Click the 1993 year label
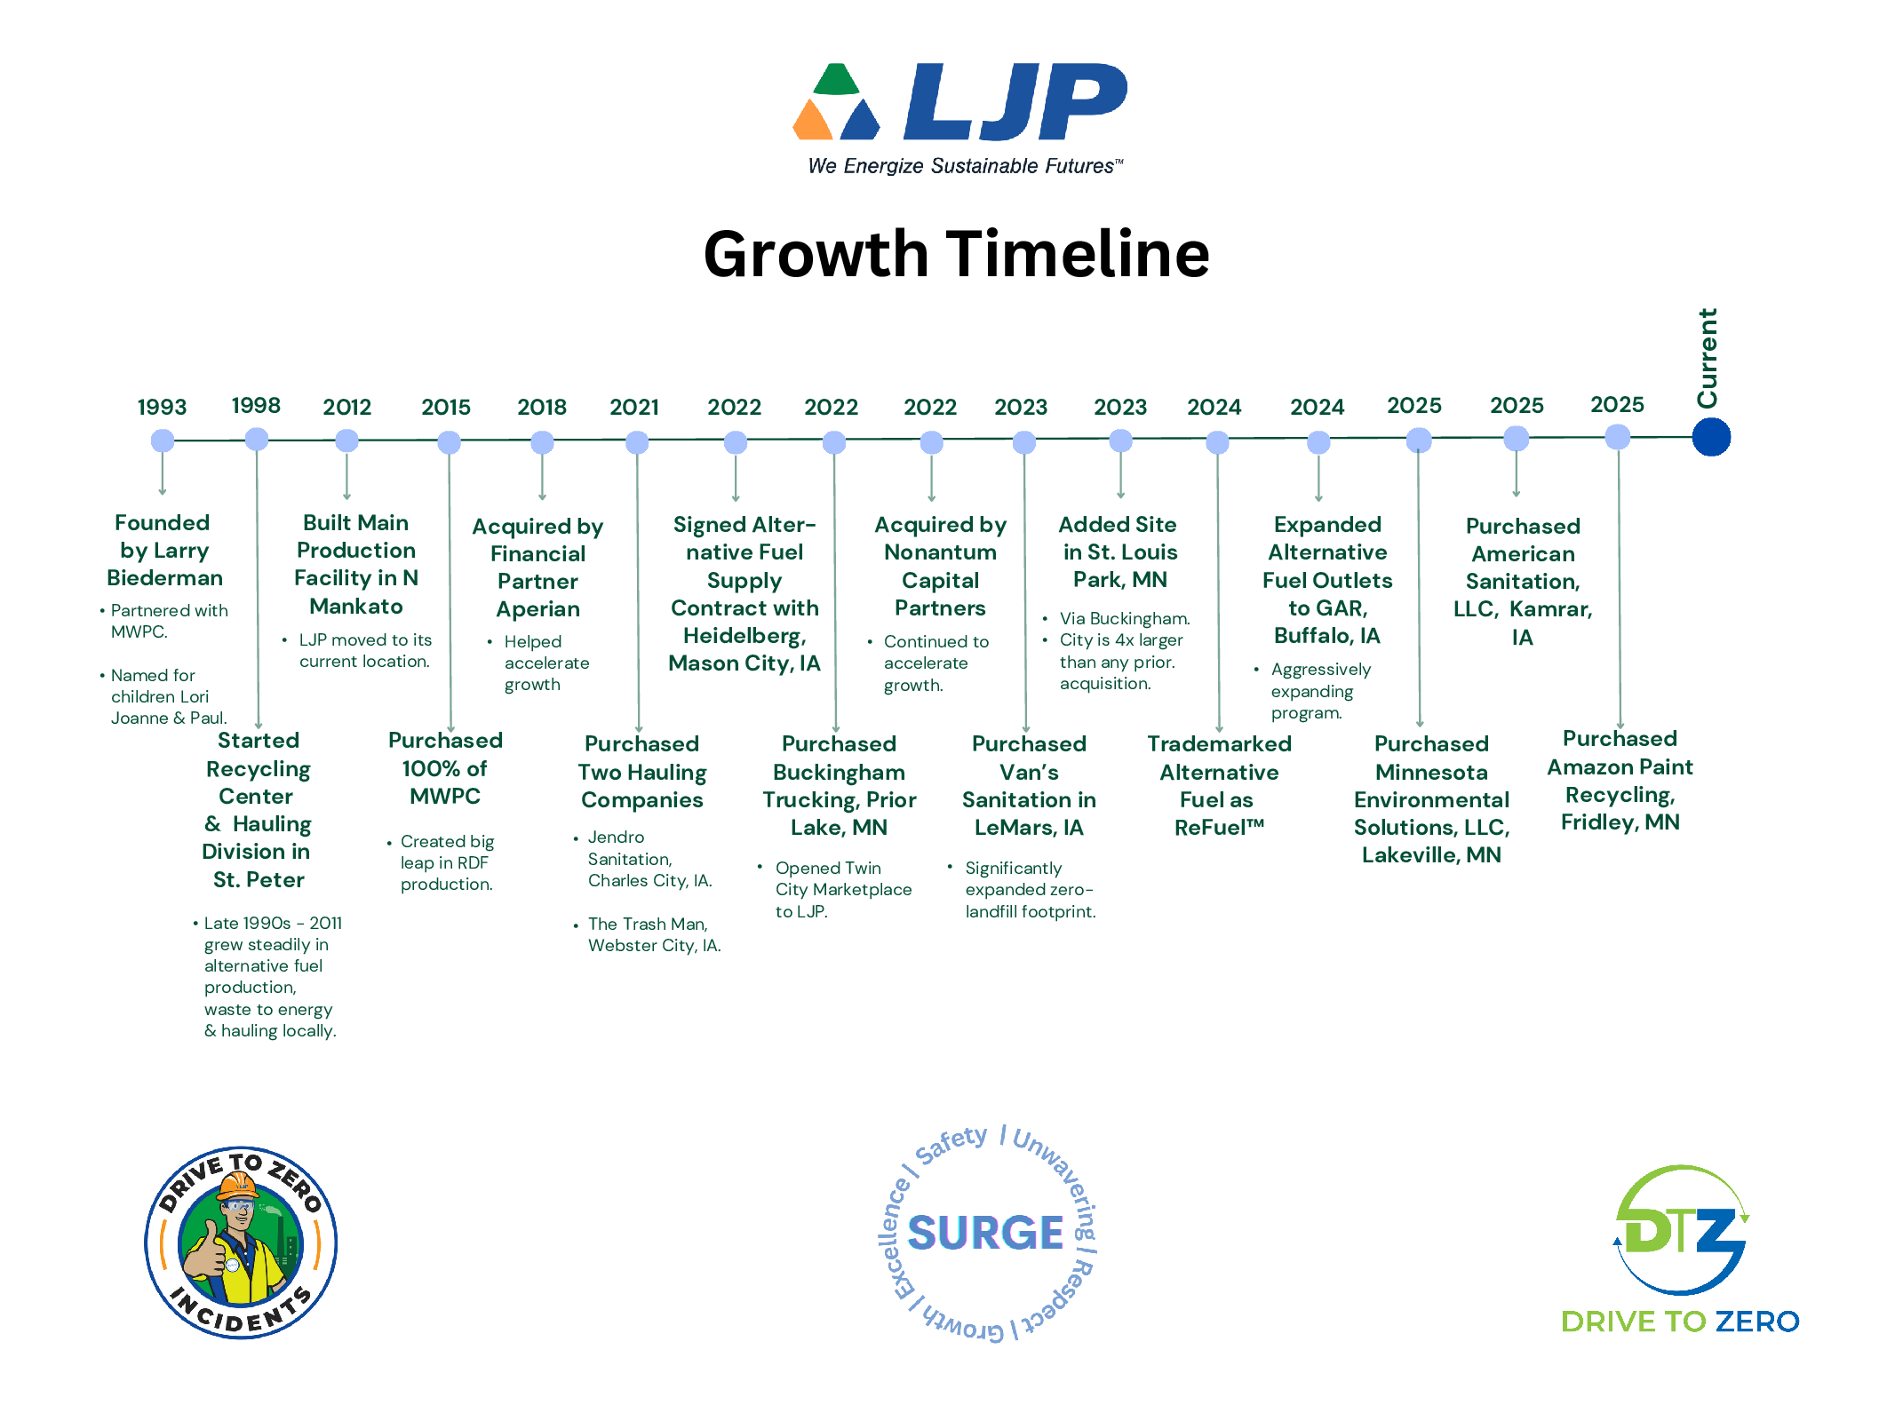coord(162,408)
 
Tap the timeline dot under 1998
coord(257,439)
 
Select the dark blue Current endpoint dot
coord(1711,437)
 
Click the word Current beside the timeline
coord(1708,358)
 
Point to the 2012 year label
coord(346,408)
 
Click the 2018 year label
coord(542,408)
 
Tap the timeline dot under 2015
coord(450,441)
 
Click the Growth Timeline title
coord(956,254)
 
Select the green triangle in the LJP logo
coord(837,79)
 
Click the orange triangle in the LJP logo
coord(812,122)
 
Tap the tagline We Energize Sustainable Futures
coord(965,166)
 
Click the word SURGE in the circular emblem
coord(985,1233)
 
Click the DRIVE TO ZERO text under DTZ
coord(1680,1322)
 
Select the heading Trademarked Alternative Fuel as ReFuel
coord(1219,785)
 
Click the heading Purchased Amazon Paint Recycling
coord(1620,781)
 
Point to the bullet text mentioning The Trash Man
coord(654,934)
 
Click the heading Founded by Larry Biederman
coord(164,550)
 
